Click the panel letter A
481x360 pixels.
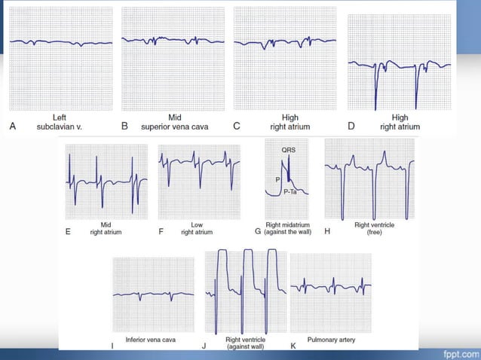[x=12, y=126]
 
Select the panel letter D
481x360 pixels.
[x=351, y=126]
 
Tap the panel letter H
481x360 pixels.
[x=327, y=231]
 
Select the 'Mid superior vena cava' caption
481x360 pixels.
[x=175, y=122]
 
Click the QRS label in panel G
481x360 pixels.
[x=289, y=150]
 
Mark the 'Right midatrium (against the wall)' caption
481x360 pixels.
[x=290, y=228]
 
